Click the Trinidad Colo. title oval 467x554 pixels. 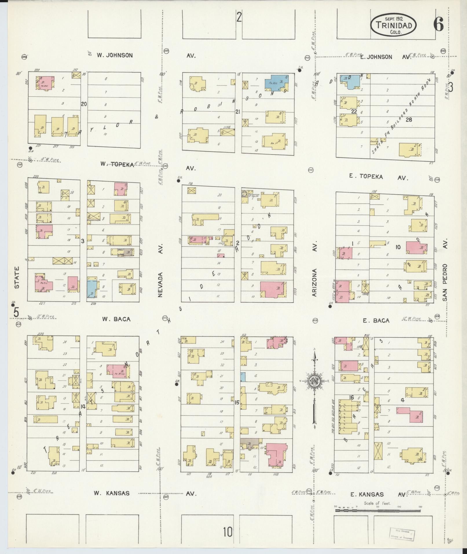(394, 26)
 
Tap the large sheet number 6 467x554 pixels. (438, 25)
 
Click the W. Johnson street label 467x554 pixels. (115, 55)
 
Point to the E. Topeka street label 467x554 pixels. (366, 176)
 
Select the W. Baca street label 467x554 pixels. (116, 319)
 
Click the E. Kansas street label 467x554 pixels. (367, 495)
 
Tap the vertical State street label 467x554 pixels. (17, 277)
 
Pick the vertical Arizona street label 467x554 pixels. (315, 282)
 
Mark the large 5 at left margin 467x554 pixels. (16, 312)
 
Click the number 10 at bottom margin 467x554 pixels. (228, 532)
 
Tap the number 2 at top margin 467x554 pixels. (239, 18)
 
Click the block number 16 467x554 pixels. (351, 398)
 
